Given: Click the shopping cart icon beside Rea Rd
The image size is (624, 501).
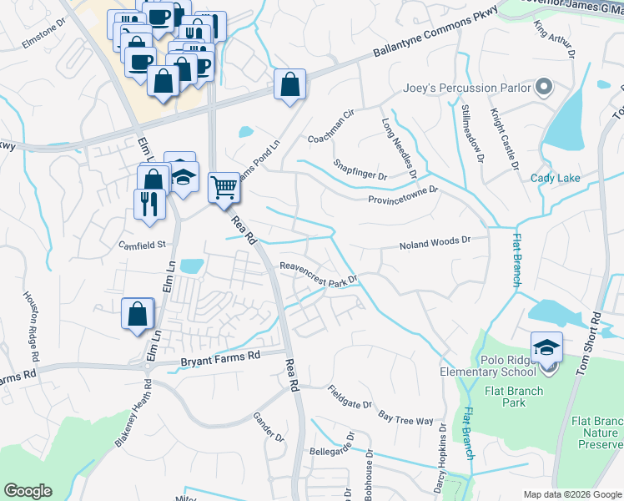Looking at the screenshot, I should (224, 187).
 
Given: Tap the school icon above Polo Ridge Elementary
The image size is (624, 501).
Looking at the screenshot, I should (546, 347).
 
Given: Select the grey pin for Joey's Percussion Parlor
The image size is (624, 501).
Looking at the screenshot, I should (544, 87).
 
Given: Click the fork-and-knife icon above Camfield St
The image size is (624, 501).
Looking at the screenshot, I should (149, 202).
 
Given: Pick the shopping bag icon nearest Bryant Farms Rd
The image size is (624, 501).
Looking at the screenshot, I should (138, 314).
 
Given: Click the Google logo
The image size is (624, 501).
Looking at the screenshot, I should (28, 491).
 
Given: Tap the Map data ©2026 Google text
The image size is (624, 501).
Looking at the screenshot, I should (572, 494).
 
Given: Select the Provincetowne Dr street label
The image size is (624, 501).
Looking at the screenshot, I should (403, 195).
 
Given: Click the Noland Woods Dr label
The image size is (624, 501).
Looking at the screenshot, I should (434, 243).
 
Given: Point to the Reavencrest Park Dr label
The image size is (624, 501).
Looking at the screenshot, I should (319, 273).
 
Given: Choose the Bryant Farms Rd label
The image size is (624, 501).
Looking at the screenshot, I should (221, 358).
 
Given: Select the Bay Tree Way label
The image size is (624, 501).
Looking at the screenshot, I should (405, 417).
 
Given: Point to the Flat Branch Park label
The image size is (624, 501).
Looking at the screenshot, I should (513, 397).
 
